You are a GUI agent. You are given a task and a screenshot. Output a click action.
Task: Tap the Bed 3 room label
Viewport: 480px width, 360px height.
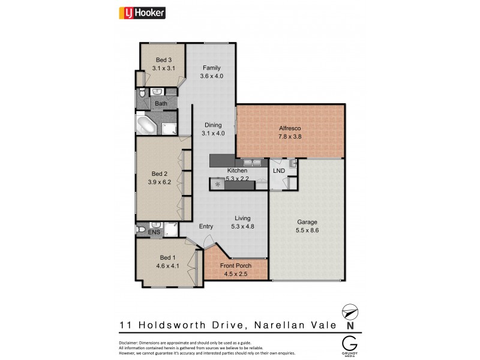coord(163,59)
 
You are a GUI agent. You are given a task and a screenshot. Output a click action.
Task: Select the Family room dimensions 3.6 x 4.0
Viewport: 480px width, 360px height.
coord(212,76)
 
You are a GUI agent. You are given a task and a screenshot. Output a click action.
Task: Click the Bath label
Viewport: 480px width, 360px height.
coord(161,104)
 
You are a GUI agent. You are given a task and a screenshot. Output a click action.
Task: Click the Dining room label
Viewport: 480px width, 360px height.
coord(213,125)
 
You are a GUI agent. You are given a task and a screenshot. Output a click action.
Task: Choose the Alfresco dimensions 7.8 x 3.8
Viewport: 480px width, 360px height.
coord(290,137)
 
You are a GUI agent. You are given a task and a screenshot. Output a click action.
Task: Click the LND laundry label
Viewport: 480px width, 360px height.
coord(279,171)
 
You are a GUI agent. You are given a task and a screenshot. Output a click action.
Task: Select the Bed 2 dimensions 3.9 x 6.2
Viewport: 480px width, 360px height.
coord(160,182)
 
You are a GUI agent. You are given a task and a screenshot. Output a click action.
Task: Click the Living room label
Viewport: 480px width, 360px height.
coord(242,218)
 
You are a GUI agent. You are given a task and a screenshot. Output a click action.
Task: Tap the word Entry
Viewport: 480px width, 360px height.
coord(206,226)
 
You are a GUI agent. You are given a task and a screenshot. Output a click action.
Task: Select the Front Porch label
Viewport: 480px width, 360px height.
coord(236,266)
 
